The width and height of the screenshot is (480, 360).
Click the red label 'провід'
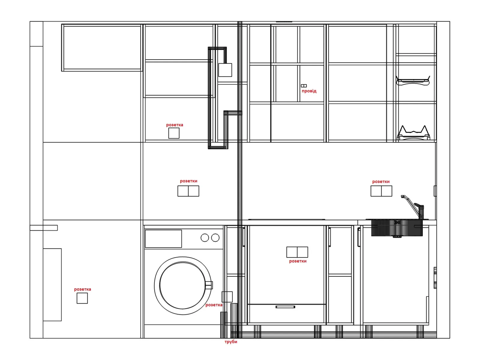309,91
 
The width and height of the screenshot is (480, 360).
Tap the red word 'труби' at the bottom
231,342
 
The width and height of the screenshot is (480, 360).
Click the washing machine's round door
183,286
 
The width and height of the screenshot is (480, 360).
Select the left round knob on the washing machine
205,238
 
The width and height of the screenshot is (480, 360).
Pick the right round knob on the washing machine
215,238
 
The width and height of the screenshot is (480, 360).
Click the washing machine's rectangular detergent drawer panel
163,239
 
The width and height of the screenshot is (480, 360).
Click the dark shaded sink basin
397,228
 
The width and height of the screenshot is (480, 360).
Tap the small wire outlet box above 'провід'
304,86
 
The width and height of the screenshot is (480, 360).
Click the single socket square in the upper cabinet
174,133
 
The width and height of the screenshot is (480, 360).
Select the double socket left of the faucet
381,191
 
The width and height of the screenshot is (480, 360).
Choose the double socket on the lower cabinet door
297,252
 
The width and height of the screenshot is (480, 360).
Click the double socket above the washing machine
188,191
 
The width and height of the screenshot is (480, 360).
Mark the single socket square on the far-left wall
82,298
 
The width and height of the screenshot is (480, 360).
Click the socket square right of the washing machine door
227,297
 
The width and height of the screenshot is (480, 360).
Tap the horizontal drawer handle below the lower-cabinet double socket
285,307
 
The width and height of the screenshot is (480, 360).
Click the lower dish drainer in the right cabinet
413,133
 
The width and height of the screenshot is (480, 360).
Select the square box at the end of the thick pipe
225,70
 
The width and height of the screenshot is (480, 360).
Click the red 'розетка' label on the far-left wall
82,289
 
